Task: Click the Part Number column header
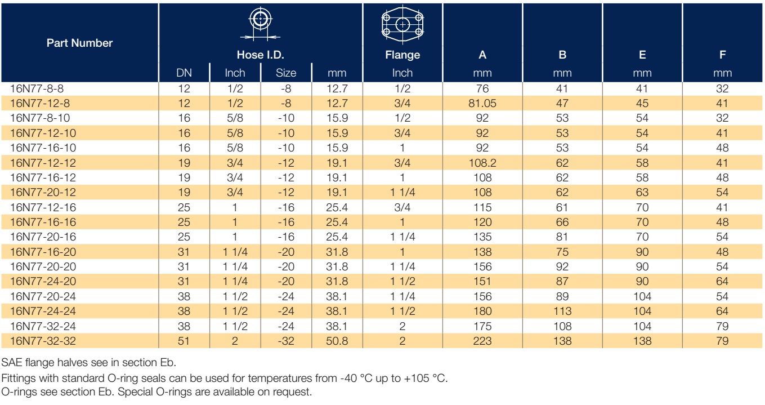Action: (x=79, y=43)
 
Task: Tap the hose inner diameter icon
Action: (x=260, y=24)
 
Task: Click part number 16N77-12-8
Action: (x=40, y=103)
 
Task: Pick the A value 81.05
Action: (x=482, y=103)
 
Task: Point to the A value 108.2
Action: (x=482, y=163)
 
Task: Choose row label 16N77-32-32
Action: (x=43, y=341)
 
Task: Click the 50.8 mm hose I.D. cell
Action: (x=337, y=341)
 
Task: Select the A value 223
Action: (x=482, y=341)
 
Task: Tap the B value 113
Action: (x=562, y=311)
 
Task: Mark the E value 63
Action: (x=642, y=192)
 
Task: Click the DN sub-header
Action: (x=184, y=73)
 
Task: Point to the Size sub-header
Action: (x=286, y=73)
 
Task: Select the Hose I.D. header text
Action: (x=260, y=55)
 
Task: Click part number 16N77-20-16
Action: (x=43, y=237)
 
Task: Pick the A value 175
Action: (x=482, y=326)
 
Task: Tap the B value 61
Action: (x=562, y=207)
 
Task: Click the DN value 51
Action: (x=184, y=341)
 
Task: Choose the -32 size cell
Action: (x=286, y=341)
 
